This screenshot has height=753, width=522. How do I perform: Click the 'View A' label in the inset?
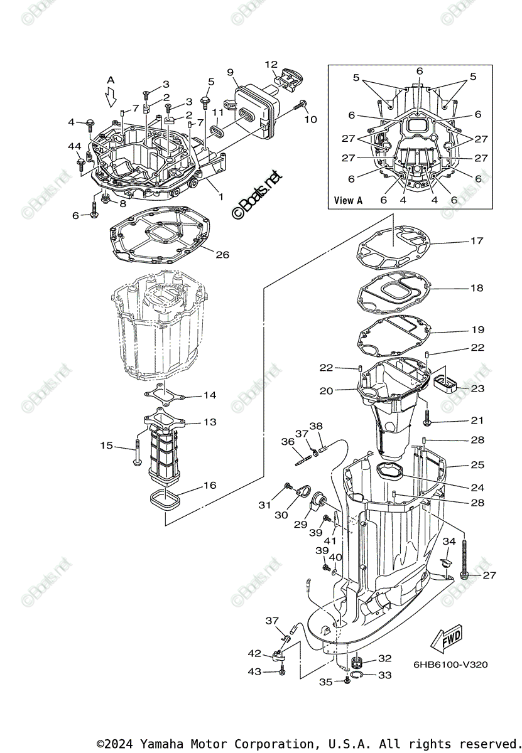click(349, 201)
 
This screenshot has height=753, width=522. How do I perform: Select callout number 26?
click(222, 255)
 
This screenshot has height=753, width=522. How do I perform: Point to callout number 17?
click(477, 241)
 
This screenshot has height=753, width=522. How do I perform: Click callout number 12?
click(271, 64)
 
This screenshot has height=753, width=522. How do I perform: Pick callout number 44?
click(75, 146)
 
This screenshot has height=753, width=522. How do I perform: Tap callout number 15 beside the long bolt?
click(107, 446)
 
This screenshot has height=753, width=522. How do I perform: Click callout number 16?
click(209, 485)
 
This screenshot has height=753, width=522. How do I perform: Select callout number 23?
click(477, 389)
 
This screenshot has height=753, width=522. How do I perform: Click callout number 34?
click(449, 542)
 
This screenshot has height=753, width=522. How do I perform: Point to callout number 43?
click(254, 672)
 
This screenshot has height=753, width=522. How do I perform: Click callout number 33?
click(384, 675)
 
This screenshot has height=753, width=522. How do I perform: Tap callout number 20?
click(325, 391)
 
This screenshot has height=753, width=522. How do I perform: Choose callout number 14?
click(209, 395)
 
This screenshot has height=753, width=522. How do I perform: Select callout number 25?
click(477, 465)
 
